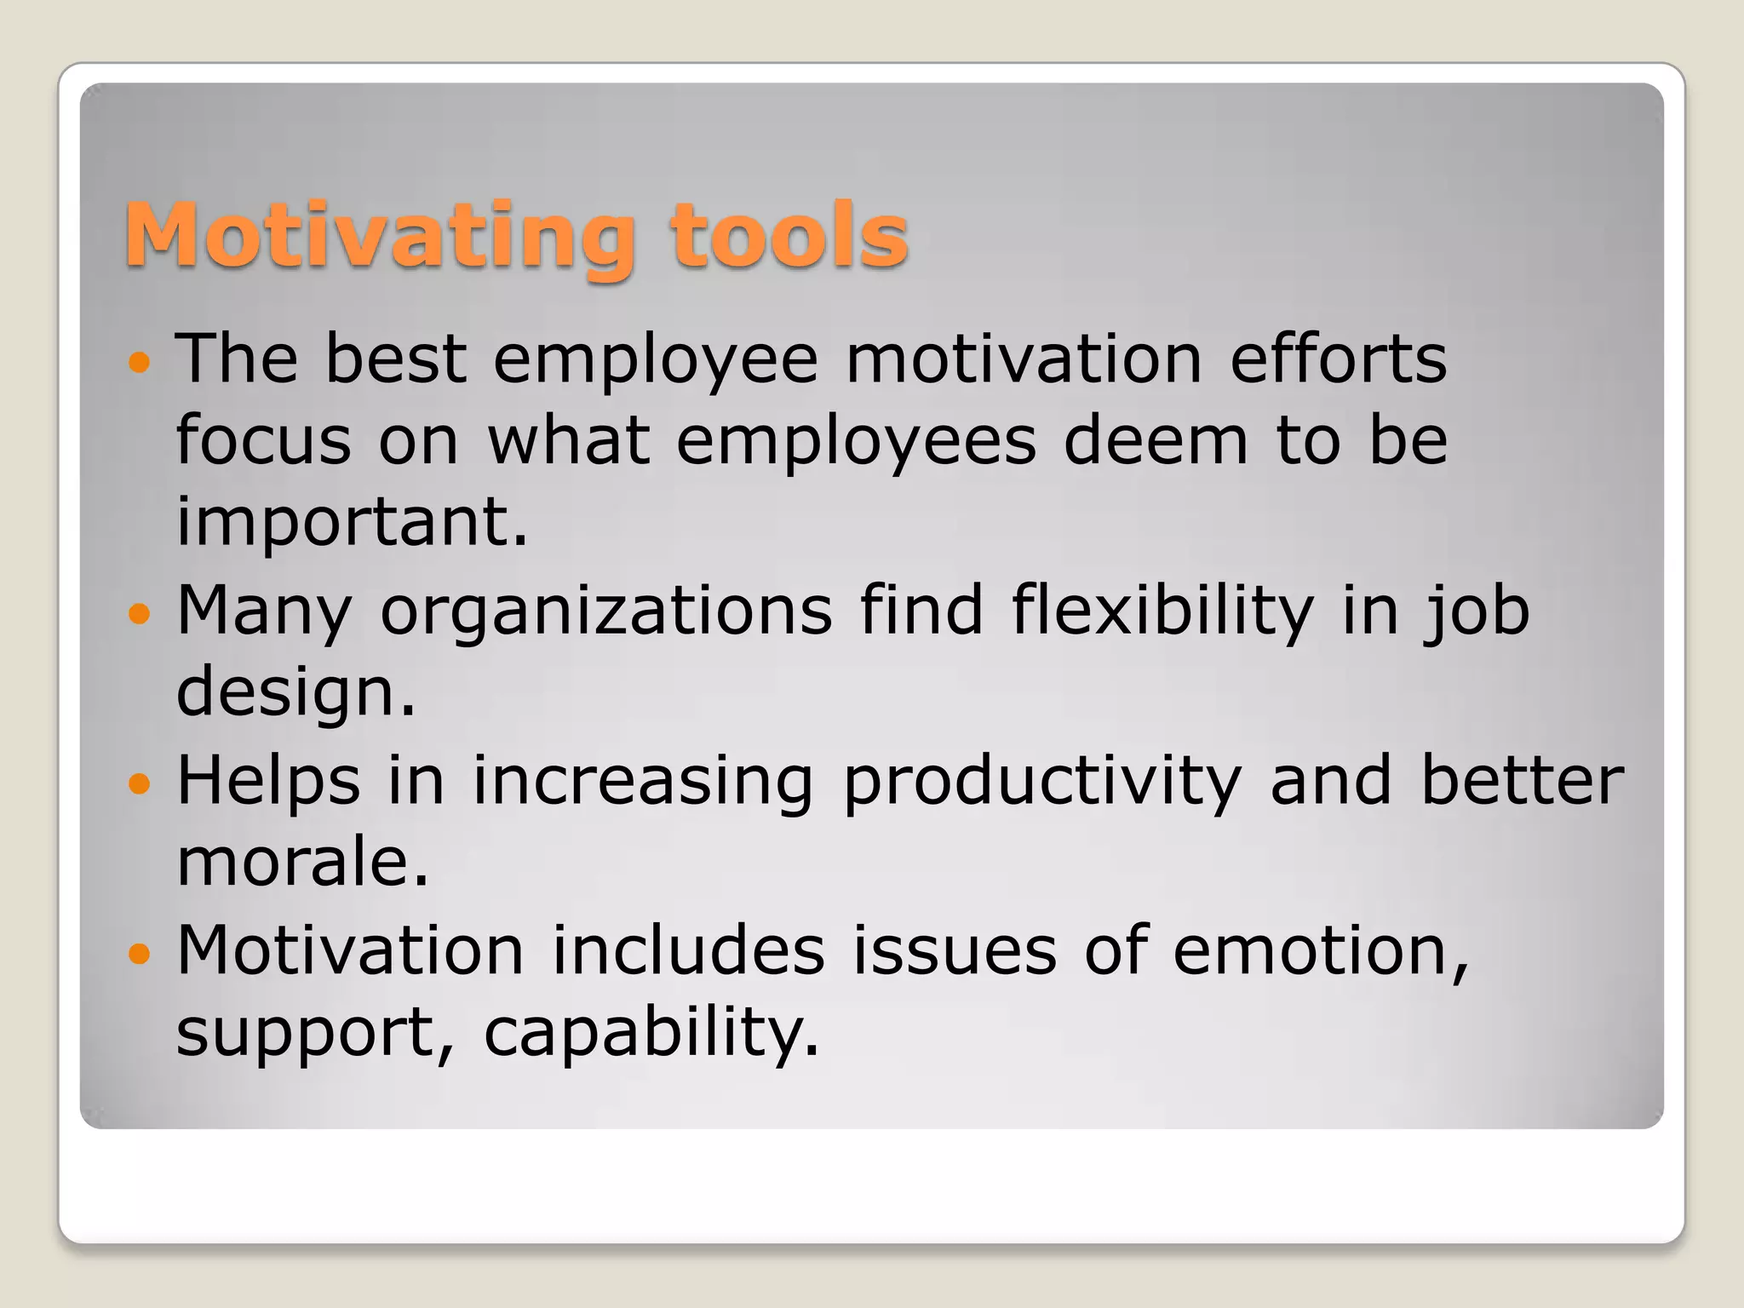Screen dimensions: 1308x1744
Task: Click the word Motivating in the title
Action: click(380, 237)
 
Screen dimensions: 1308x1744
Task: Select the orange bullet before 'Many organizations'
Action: click(139, 613)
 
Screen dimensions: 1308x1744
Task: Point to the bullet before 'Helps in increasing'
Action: click(139, 783)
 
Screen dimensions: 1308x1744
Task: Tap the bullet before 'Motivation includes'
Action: click(139, 952)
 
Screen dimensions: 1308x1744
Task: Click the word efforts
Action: click(1338, 359)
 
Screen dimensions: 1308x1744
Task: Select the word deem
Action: click(1156, 441)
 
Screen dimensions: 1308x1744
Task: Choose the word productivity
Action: click(1042, 782)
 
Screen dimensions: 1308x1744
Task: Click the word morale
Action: click(302, 862)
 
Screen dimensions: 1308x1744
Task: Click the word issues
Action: click(955, 950)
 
